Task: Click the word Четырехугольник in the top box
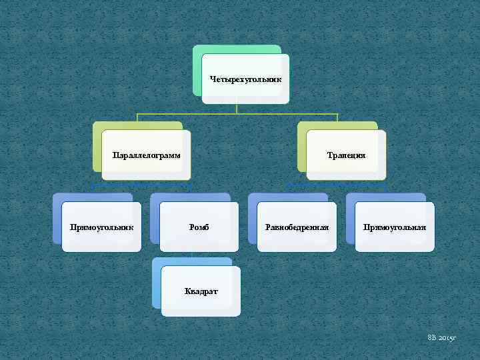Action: pos(245,79)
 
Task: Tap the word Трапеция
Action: pos(346,155)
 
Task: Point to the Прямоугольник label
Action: pos(102,227)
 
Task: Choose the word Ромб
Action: pos(199,227)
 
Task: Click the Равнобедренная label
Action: pos(297,227)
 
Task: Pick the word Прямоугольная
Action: pos(395,227)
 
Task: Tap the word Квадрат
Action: pos(201,292)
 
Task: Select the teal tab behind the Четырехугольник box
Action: pos(197,67)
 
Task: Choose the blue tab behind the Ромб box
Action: pos(155,220)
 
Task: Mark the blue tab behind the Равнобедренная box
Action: pos(253,220)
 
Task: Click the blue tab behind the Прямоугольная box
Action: pos(351,220)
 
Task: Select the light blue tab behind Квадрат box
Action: pos(157,283)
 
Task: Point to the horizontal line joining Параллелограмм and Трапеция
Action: pos(237,115)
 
